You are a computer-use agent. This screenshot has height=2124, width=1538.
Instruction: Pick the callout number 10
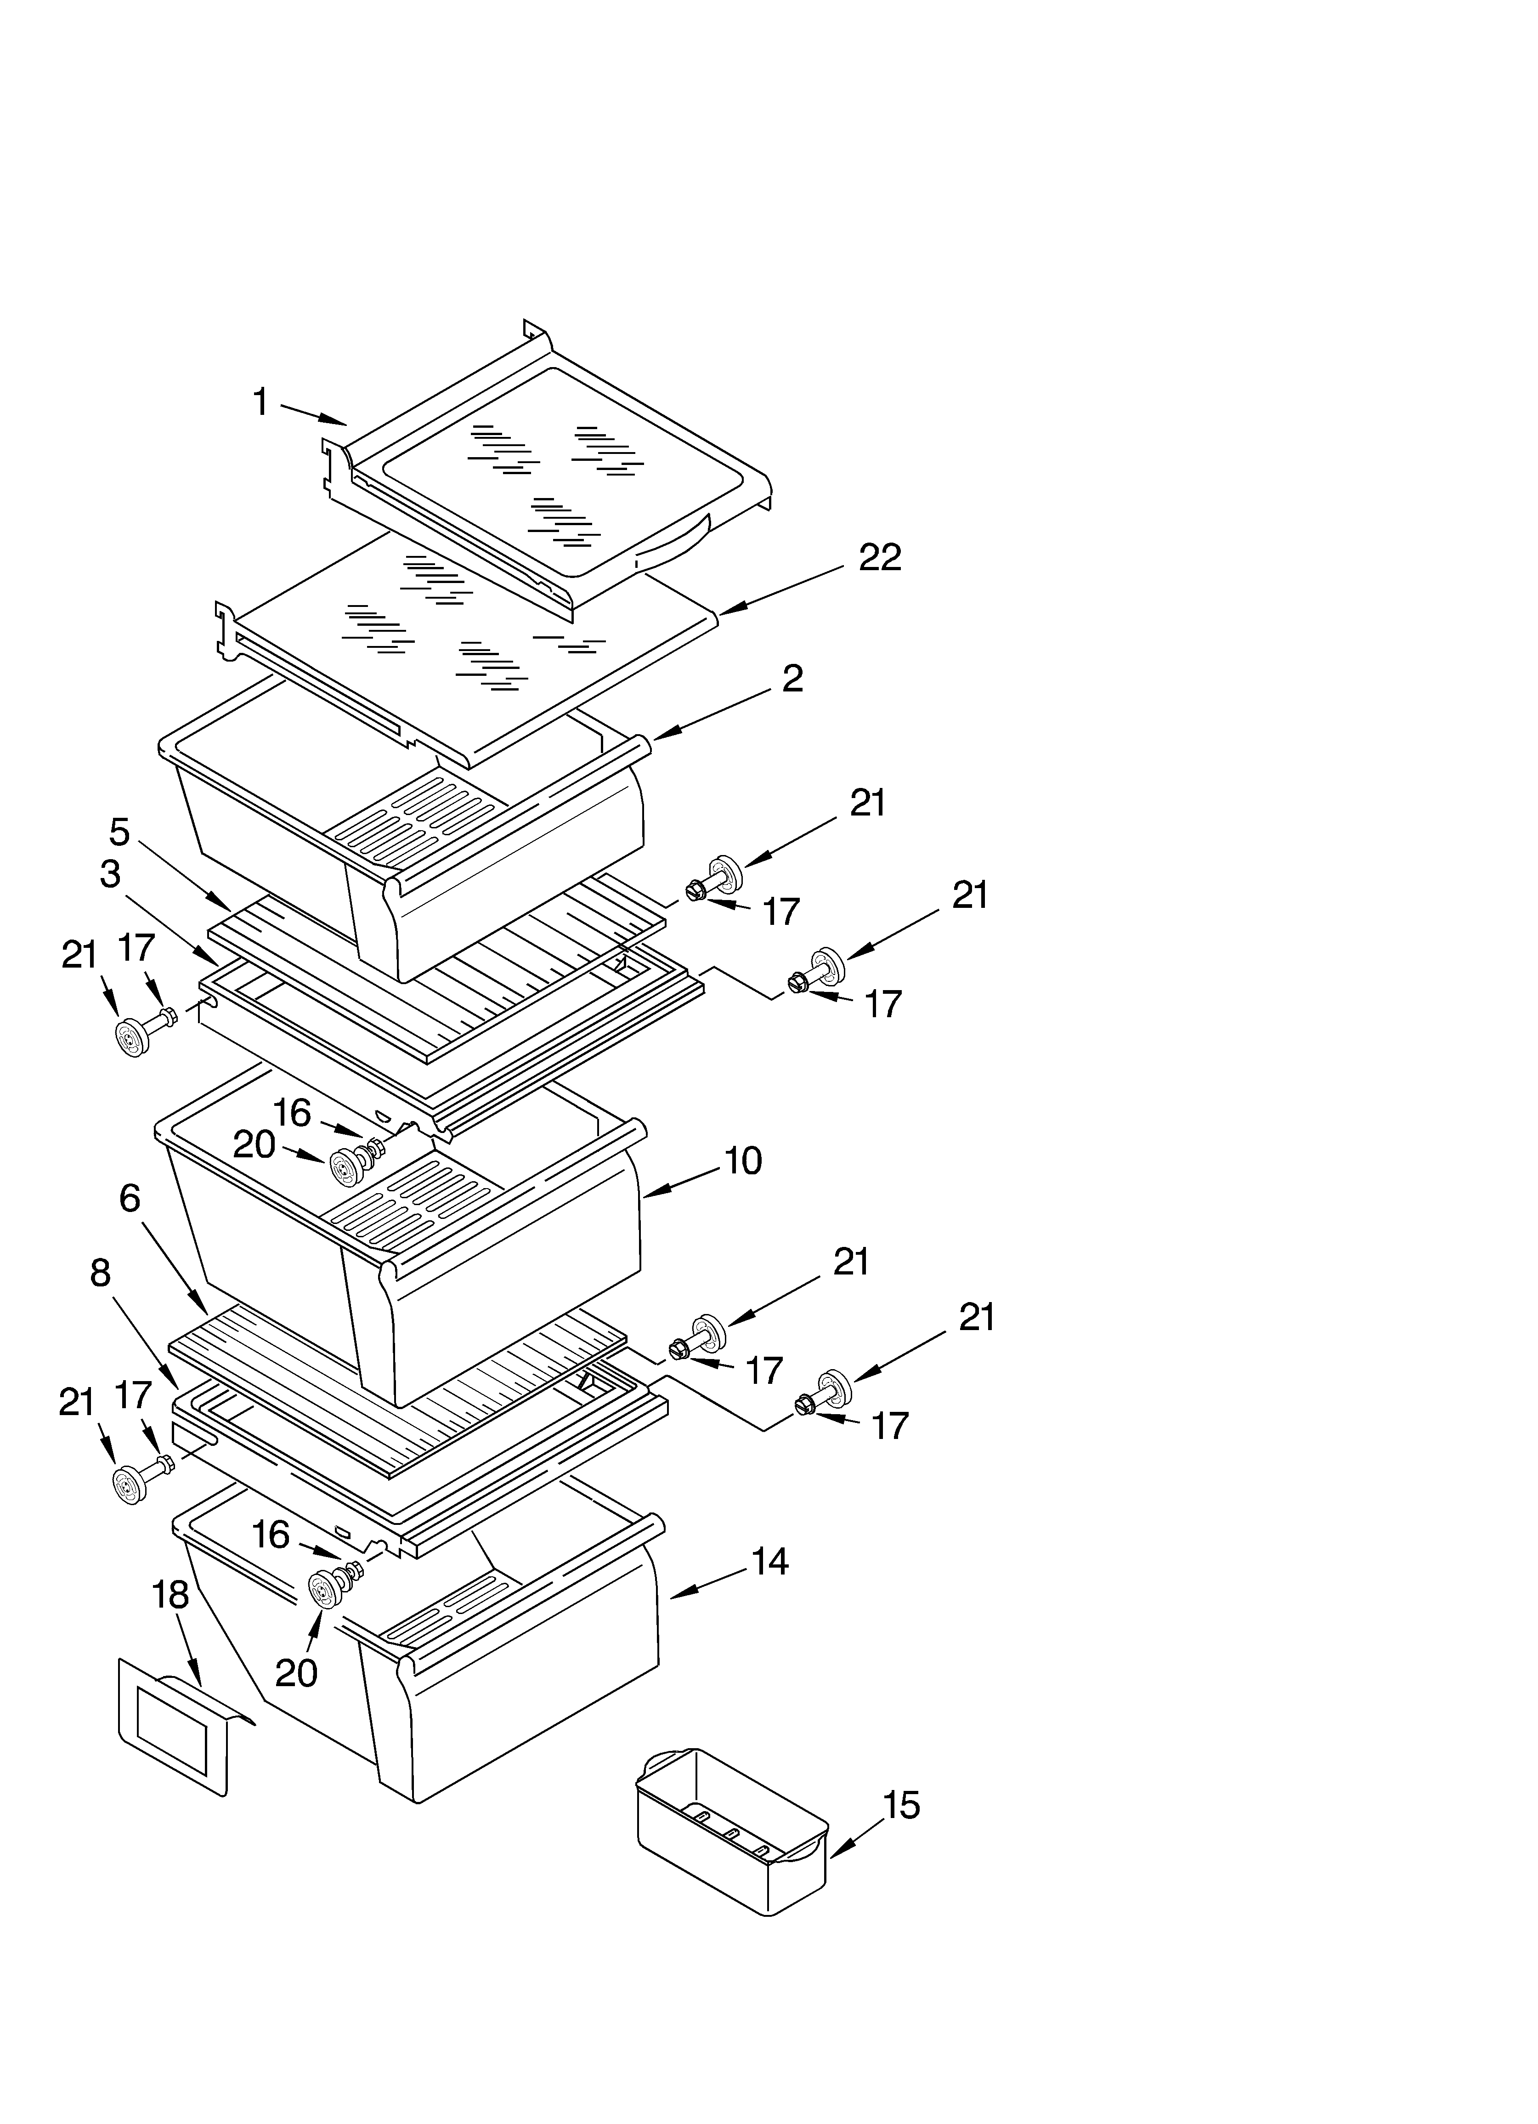[743, 1161]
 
